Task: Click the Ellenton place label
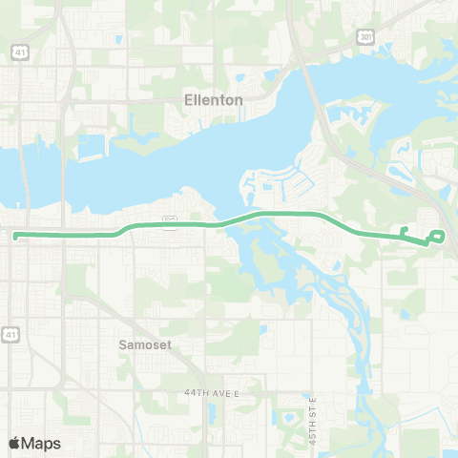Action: point(214,99)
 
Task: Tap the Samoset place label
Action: point(145,345)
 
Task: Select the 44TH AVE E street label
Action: point(210,393)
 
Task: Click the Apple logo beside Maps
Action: point(14,443)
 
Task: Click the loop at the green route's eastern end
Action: point(438,237)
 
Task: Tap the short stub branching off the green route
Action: point(405,231)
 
